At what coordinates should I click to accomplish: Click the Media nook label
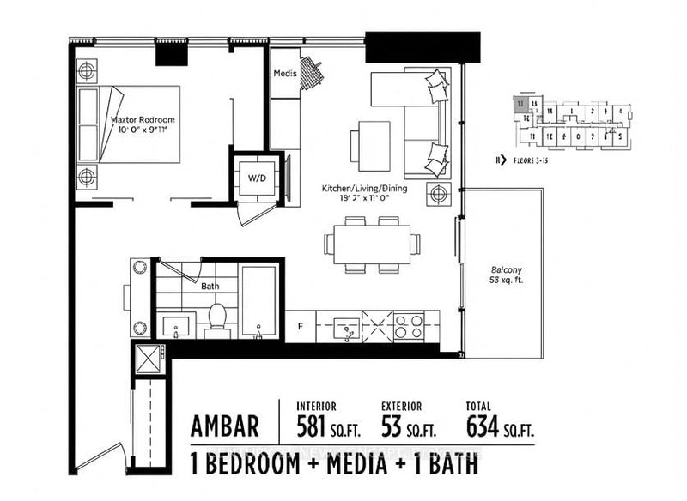[x=285, y=74]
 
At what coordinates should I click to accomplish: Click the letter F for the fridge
[x=300, y=326]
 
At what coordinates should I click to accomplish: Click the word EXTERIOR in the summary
[x=404, y=406]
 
